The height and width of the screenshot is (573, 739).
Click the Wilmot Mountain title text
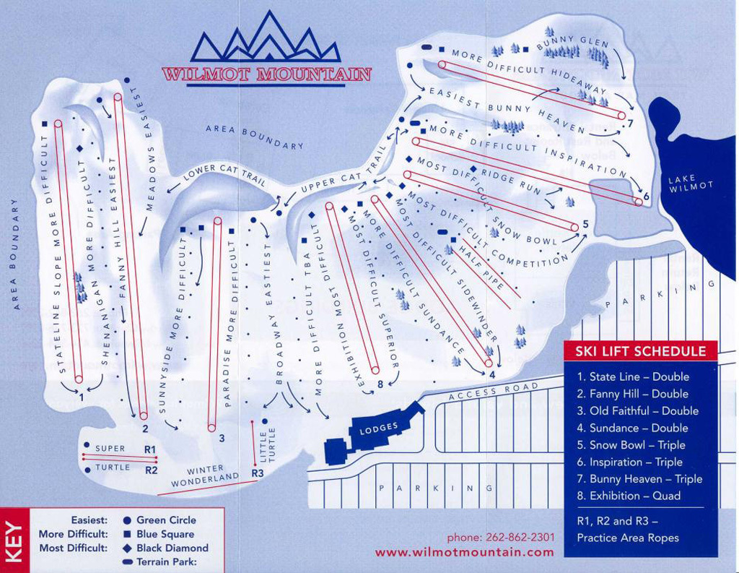point(266,74)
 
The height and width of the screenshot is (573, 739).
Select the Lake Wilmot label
point(691,184)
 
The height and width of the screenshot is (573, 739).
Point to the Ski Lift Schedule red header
point(640,352)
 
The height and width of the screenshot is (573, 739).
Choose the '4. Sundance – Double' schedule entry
point(633,428)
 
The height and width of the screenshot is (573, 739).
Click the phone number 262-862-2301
point(501,537)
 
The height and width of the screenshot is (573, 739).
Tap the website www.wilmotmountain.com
point(465,552)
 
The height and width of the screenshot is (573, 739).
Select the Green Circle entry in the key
point(165,520)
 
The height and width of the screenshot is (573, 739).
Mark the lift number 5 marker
point(585,224)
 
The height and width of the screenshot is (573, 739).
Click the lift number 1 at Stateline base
point(82,397)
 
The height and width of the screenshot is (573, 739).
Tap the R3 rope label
point(258,473)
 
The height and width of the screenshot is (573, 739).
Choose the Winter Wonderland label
point(205,474)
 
